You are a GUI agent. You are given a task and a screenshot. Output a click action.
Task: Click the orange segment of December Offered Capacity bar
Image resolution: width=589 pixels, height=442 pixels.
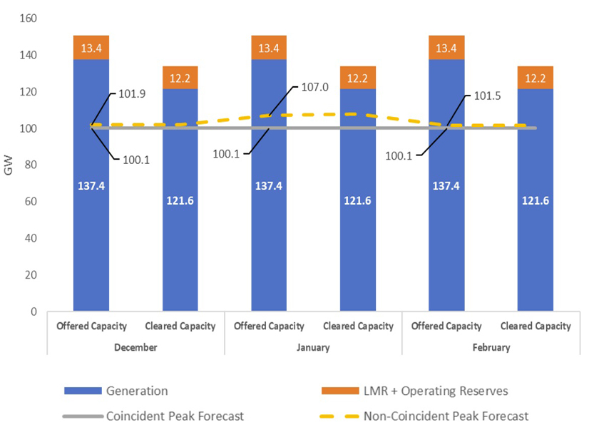click(x=91, y=48)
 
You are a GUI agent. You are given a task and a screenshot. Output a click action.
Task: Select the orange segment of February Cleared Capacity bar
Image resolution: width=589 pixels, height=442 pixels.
click(x=536, y=77)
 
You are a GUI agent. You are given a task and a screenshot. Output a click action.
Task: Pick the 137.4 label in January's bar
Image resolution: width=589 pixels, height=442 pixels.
click(x=269, y=187)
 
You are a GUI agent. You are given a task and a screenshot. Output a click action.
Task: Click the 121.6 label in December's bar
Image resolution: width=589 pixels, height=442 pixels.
click(x=180, y=201)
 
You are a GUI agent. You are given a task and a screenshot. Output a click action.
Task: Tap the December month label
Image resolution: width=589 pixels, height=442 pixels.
click(x=135, y=348)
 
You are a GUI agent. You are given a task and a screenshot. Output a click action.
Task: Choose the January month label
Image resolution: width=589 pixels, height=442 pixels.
click(x=314, y=348)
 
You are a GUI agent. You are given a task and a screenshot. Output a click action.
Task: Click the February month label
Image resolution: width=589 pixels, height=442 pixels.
click(x=491, y=348)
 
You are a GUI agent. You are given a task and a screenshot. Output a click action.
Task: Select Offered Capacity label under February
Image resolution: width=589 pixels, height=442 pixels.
click(x=447, y=327)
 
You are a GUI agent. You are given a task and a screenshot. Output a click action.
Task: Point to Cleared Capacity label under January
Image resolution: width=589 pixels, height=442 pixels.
click(x=358, y=327)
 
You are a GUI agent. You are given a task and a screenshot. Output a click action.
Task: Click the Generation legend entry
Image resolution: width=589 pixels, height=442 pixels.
click(x=136, y=391)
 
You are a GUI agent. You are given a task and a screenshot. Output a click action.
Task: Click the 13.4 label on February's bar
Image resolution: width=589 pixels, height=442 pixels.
click(x=447, y=48)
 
